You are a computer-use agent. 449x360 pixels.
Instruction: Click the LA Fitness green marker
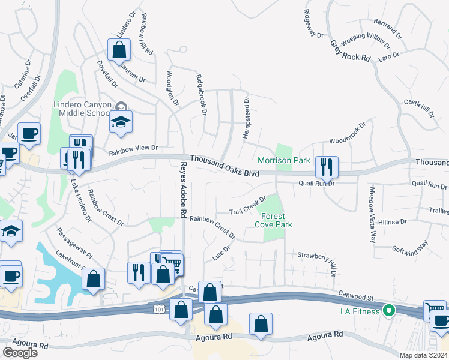(x=388, y=311)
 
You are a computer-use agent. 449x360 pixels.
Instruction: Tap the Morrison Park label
(x=284, y=160)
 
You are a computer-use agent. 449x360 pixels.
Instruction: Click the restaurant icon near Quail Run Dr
(x=327, y=167)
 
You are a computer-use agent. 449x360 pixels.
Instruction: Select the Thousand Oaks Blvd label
(x=224, y=166)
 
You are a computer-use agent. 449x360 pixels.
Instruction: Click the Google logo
(x=20, y=353)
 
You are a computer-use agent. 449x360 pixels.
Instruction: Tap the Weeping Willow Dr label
(x=361, y=42)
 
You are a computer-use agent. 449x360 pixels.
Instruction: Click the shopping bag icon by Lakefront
(x=93, y=279)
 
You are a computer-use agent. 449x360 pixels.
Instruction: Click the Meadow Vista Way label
(x=372, y=214)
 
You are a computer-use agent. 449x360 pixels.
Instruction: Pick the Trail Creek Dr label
(x=247, y=205)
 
